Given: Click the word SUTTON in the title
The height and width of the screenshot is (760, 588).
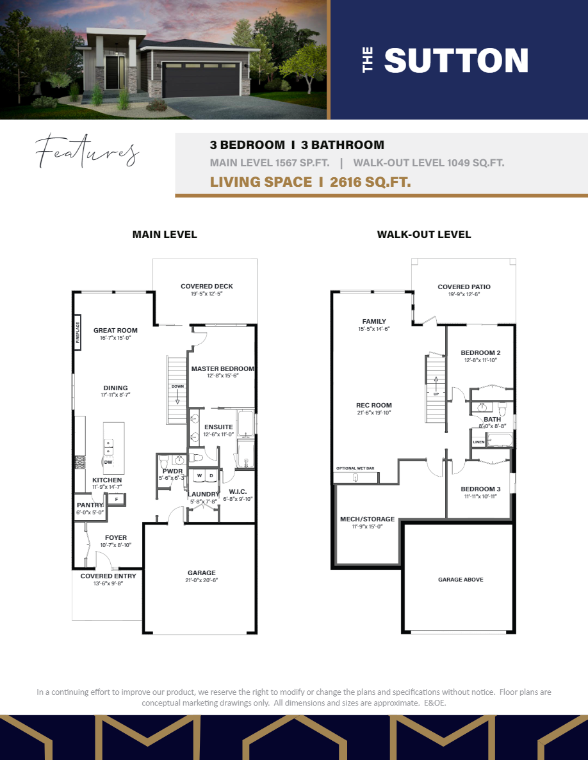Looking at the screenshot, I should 456,61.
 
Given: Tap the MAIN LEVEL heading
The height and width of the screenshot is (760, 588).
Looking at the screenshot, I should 165,235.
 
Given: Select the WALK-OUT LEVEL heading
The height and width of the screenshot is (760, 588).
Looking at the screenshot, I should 424,235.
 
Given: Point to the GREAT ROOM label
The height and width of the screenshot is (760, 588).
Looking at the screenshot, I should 115,331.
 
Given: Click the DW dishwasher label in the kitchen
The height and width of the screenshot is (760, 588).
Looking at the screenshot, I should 108,462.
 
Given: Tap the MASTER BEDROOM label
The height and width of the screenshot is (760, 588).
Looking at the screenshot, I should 222,369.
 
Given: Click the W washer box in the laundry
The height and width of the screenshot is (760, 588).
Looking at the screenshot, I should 199,476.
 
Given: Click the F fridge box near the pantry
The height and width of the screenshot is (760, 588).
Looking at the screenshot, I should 116,499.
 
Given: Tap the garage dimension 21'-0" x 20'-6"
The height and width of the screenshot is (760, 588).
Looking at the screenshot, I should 201,581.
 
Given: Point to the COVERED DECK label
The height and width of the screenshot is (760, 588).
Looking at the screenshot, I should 206,287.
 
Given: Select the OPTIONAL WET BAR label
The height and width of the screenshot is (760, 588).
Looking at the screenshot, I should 355,468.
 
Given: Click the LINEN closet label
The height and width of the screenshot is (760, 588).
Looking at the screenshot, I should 478,442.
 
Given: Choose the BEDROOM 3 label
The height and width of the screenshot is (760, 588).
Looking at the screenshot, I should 480,489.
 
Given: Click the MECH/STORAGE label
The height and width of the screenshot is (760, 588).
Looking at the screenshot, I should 367,519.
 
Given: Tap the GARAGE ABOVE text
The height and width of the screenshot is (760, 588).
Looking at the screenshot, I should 461,580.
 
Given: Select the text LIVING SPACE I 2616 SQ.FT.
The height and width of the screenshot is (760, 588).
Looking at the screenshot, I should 310,182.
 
